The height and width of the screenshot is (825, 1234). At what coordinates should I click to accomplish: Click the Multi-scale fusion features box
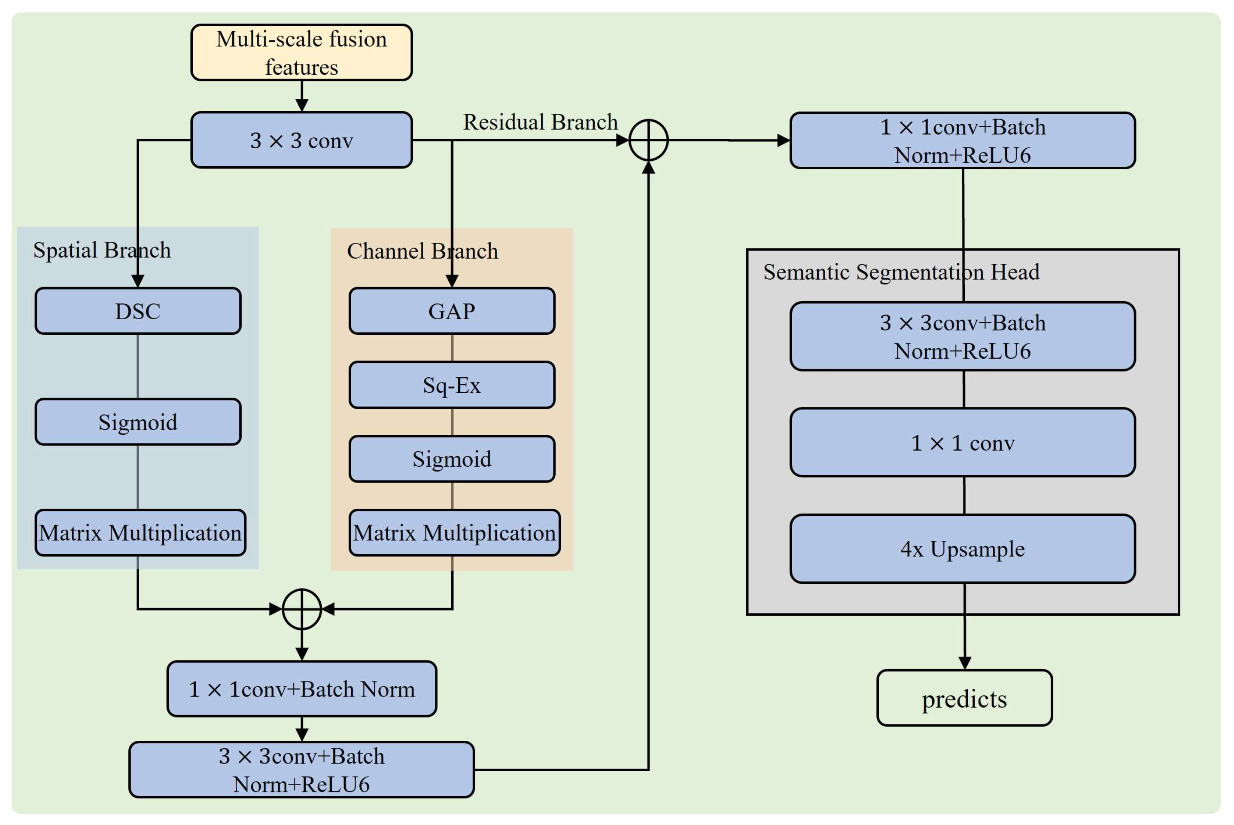click(x=301, y=52)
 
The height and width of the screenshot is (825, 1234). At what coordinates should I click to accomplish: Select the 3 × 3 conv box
click(x=301, y=140)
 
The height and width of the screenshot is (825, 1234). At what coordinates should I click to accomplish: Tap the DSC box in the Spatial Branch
click(x=138, y=311)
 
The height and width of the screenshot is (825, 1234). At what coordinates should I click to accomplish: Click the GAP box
click(x=452, y=311)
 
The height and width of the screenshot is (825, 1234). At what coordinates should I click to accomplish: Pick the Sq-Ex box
click(x=452, y=385)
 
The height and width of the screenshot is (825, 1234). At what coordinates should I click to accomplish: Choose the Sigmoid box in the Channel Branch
click(x=452, y=459)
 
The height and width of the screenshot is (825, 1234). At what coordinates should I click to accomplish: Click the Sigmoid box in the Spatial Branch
click(x=138, y=422)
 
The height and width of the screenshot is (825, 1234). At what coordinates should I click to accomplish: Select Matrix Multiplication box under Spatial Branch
click(x=140, y=532)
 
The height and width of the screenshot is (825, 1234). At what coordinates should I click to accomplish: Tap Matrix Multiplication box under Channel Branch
click(x=454, y=532)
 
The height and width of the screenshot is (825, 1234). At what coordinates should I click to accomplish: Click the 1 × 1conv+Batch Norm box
click(x=301, y=689)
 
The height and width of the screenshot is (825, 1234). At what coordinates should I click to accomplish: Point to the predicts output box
click(x=964, y=698)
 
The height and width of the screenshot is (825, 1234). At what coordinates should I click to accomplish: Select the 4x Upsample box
click(x=962, y=549)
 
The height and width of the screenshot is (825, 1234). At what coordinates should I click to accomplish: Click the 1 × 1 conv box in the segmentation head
click(x=962, y=443)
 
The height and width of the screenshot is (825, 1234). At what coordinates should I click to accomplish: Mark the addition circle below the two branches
click(x=302, y=609)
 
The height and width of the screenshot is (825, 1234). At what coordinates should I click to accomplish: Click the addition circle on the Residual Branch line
click(x=648, y=140)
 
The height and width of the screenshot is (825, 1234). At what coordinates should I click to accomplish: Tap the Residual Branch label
click(x=540, y=122)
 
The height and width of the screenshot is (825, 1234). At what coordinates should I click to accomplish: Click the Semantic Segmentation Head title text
click(x=901, y=272)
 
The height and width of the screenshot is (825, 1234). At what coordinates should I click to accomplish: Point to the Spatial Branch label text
click(x=102, y=250)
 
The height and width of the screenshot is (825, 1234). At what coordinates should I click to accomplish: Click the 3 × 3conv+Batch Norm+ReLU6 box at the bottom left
click(x=301, y=770)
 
